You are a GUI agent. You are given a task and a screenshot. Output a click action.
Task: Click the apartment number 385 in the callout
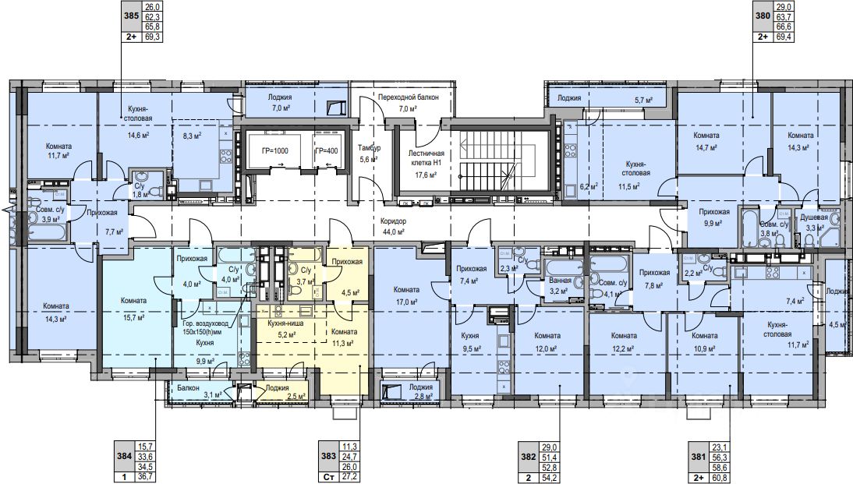tap(132, 16)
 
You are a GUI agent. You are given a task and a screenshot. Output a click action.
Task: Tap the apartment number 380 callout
tap(763, 16)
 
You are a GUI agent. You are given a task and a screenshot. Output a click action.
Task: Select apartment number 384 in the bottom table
tap(125, 456)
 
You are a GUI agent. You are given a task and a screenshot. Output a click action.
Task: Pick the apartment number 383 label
tap(328, 456)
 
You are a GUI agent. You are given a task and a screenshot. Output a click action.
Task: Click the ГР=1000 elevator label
tap(275, 151)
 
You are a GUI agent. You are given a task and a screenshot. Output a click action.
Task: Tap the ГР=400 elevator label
tap(327, 151)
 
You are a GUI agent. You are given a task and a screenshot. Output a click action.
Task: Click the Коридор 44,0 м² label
tap(394, 227)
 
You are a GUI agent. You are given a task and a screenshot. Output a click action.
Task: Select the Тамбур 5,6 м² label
tap(370, 154)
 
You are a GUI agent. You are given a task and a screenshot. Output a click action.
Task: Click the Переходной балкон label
tap(408, 97)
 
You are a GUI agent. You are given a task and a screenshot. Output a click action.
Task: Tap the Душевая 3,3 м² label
tap(814, 222)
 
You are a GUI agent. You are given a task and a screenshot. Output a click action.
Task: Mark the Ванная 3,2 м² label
tap(561, 285)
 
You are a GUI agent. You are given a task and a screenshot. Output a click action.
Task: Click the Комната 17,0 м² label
tap(406, 295)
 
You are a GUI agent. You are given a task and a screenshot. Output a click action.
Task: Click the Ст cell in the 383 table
tap(328, 477)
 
